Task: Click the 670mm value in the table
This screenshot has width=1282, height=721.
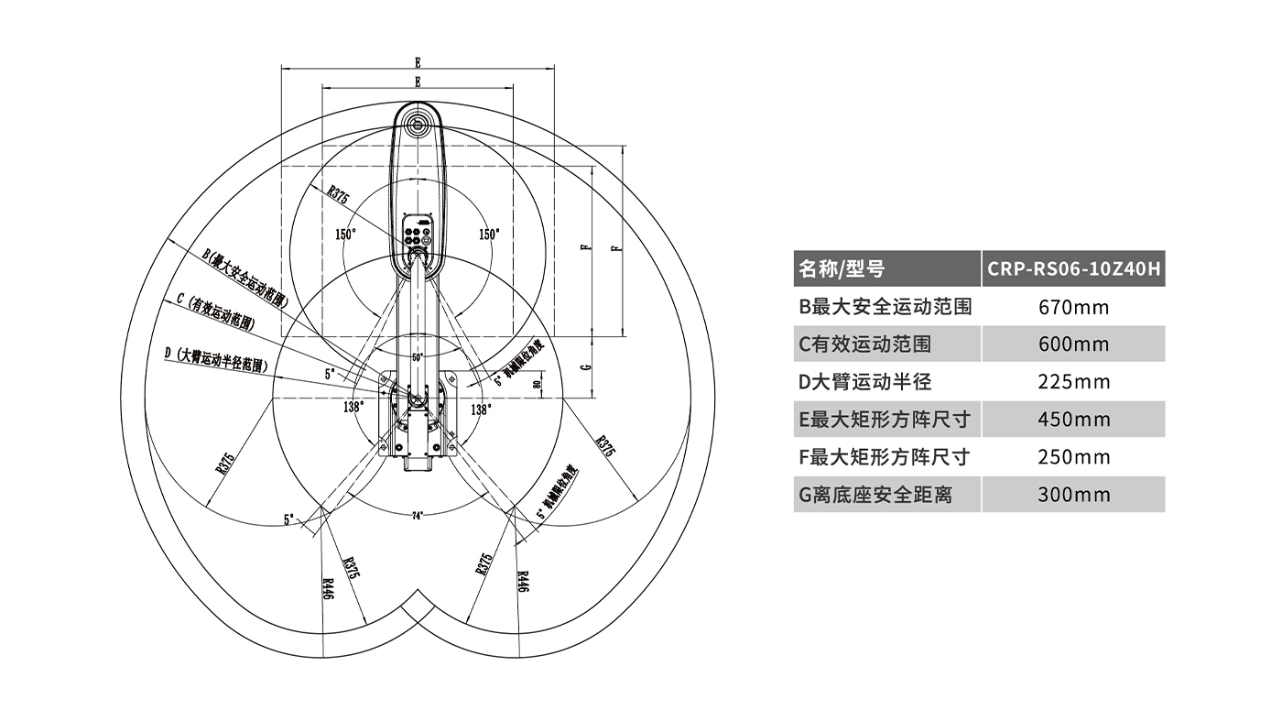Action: pos(1073,307)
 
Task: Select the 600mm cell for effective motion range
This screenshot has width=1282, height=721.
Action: pos(1073,344)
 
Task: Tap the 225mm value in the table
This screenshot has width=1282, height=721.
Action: pos(1073,382)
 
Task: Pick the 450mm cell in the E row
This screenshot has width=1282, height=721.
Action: pos(1073,420)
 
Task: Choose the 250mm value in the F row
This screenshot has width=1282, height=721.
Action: pos(1073,457)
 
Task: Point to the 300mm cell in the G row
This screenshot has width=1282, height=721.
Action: pos(1073,495)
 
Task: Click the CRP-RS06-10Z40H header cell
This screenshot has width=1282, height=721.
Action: pos(1073,269)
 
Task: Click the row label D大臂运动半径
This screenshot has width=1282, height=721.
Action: pos(865,382)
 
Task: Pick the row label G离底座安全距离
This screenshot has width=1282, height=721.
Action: pos(875,495)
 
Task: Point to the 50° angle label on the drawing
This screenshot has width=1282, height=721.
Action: pos(418,356)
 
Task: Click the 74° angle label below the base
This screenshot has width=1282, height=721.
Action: pos(418,516)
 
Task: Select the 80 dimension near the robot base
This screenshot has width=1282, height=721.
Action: pos(537,384)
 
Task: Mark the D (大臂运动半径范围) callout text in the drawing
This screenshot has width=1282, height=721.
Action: pos(216,356)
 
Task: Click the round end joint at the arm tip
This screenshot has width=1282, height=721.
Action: pos(418,125)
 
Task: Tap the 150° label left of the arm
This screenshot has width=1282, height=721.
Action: pos(345,235)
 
